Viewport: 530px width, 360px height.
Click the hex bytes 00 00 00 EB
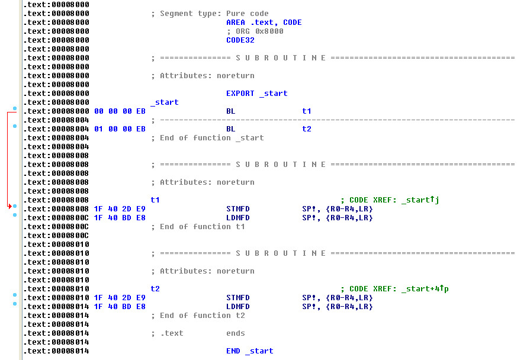120,111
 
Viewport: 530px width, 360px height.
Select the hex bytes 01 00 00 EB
120,129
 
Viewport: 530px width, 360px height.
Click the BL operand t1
306,111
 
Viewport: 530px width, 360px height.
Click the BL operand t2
306,129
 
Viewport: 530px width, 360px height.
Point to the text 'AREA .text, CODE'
264,22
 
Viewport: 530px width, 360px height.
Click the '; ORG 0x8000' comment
255,31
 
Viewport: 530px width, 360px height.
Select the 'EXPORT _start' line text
256,94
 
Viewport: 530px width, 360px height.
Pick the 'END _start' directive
249,351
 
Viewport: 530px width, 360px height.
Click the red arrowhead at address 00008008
9,206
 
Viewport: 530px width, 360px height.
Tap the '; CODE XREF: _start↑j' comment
390,200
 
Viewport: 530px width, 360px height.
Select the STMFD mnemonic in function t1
238,209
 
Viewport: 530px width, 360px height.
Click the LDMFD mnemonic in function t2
238,307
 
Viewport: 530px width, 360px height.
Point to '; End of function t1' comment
198,227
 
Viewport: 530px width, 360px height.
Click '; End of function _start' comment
207,138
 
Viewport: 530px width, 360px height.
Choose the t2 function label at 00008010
155,289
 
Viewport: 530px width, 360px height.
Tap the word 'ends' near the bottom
236,333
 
